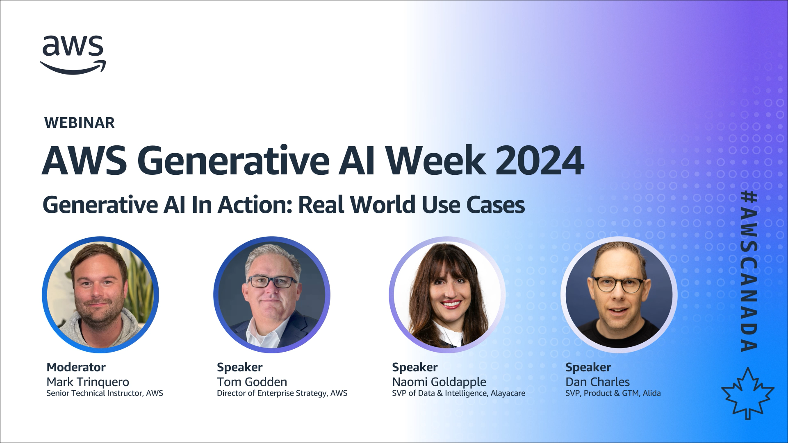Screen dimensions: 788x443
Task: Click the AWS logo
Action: pyautogui.click(x=73, y=55)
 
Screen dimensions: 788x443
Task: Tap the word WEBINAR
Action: pyautogui.click(x=80, y=123)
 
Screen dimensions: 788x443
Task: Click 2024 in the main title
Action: pyautogui.click(x=540, y=160)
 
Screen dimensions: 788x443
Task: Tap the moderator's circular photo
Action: pyautogui.click(x=100, y=295)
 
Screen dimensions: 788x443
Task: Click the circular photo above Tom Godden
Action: pyautogui.click(x=272, y=295)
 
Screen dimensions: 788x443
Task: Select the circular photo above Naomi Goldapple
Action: pyautogui.click(x=447, y=295)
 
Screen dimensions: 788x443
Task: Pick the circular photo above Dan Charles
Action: pyautogui.click(x=619, y=295)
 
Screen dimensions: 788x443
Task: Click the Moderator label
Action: pyautogui.click(x=76, y=367)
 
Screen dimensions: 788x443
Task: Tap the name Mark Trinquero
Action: pyautogui.click(x=88, y=382)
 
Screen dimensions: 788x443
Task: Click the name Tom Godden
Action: pyautogui.click(x=252, y=382)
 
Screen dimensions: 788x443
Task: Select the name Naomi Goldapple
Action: pyautogui.click(x=439, y=382)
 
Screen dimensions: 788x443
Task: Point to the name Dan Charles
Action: pyautogui.click(x=597, y=382)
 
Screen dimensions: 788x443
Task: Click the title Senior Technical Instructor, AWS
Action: pyautogui.click(x=105, y=393)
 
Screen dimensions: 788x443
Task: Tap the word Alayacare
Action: pyautogui.click(x=508, y=393)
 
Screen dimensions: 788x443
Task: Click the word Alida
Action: pyautogui.click(x=651, y=393)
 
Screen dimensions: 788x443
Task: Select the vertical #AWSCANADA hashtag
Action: pyautogui.click(x=748, y=271)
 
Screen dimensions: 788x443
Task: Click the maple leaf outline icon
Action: pyautogui.click(x=747, y=393)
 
